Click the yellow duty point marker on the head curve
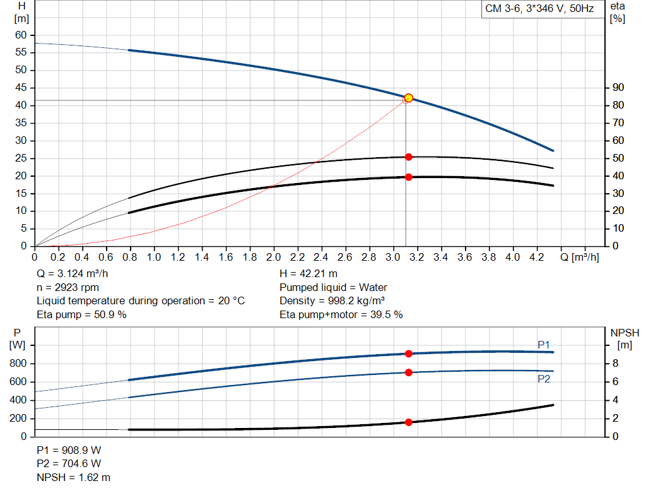(x=409, y=98)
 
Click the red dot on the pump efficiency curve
(x=409, y=157)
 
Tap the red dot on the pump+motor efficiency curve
(x=409, y=177)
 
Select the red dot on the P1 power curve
(x=409, y=353)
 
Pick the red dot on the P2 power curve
(x=409, y=372)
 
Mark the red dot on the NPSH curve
(x=409, y=422)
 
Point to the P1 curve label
(x=544, y=345)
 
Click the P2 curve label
(x=544, y=379)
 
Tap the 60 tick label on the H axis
(x=21, y=35)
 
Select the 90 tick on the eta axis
(x=618, y=87)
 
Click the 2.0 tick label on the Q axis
(x=273, y=257)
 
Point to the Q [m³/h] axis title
(x=579, y=257)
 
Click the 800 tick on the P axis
(x=18, y=364)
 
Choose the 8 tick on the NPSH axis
(x=615, y=364)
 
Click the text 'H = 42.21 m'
(x=308, y=274)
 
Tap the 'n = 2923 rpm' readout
(x=68, y=287)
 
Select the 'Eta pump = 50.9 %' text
(x=81, y=314)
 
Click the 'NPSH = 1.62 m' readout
(x=73, y=477)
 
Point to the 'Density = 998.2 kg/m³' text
(x=332, y=301)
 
